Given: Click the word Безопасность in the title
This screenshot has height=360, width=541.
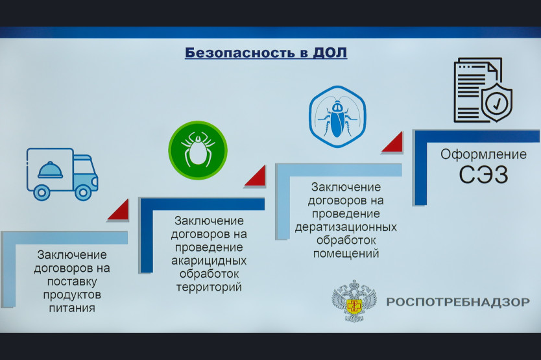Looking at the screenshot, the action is pos(240,53).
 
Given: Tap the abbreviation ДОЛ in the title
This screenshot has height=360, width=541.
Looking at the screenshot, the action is pos(330,53).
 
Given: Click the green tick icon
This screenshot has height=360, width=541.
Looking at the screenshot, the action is pos(198,150).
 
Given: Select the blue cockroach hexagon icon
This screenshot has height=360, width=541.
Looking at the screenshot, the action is pos(337,117).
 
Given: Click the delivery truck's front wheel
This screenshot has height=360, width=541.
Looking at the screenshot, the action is pos(83,193).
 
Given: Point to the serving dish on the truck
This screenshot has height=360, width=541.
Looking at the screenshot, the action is pos(51,170).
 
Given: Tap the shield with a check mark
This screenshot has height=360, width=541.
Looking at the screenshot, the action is pos(497,102).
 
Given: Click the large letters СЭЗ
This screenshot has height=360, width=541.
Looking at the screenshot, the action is pos(483,174).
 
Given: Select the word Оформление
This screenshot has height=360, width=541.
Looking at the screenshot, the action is pos(483,154).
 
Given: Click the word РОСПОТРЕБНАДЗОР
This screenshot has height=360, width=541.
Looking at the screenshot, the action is pos(458,302).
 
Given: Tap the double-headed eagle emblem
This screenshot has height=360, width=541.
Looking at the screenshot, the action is pos(354,301).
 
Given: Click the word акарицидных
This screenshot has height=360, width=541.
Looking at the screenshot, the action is pos(209,261).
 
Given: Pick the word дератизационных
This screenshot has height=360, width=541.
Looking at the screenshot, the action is pos(346,227).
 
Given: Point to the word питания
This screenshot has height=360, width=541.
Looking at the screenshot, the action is pos(72,308).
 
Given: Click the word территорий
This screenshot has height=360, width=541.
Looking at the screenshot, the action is pos(209,287).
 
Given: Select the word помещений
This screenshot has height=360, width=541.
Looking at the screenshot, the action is pos(346,254).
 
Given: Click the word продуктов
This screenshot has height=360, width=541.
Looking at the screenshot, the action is pos(72,295).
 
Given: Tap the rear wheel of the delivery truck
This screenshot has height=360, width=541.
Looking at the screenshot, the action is pos(42,193).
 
